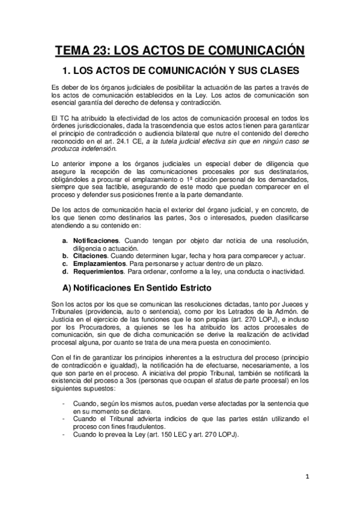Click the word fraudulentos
132,426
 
